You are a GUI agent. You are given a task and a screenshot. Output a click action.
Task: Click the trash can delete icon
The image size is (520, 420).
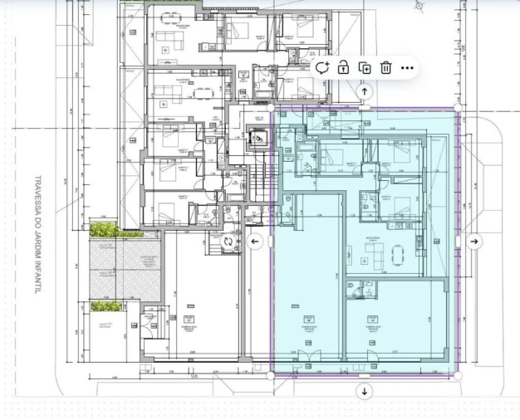tap(385, 68)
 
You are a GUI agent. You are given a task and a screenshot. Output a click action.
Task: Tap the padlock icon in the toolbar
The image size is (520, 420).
tap(342, 68)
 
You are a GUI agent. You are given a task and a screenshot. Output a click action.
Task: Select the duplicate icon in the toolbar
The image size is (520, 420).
tap(364, 68)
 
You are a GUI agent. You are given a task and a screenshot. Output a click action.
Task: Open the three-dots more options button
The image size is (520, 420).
tap(407, 68)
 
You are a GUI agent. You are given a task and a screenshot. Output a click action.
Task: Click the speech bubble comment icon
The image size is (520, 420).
tap(321, 68)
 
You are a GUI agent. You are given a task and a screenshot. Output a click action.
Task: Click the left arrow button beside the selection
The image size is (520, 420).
tap(255, 242)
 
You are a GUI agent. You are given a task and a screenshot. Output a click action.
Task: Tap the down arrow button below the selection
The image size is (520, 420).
tap(365, 391)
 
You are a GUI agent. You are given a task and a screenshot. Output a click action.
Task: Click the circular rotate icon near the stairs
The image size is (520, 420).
tap(228, 241)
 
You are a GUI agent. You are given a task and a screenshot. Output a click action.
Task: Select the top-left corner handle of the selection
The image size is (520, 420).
tap(271, 108)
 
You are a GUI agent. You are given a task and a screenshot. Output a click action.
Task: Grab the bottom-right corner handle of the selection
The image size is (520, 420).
tap(458, 376)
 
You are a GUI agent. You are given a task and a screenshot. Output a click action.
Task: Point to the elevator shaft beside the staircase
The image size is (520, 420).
tap(260, 136)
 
